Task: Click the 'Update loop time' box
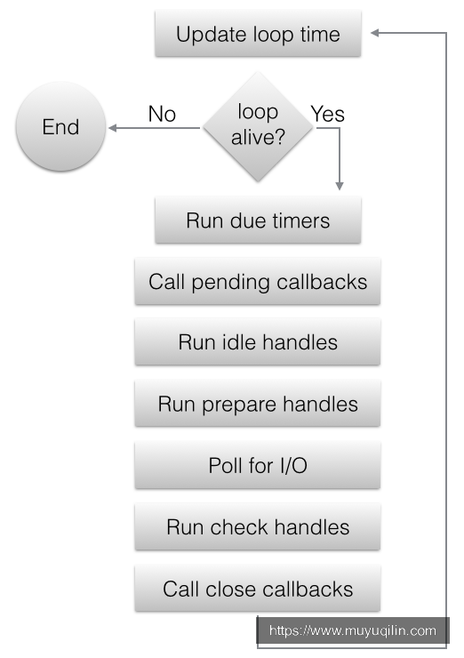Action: point(258,34)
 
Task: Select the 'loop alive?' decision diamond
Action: point(258,127)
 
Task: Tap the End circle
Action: point(60,127)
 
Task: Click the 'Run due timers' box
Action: point(258,221)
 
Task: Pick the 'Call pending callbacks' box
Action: point(258,282)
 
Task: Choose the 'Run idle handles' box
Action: point(258,342)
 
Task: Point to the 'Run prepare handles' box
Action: point(258,404)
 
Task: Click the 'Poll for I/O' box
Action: point(258,466)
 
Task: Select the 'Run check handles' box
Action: point(258,527)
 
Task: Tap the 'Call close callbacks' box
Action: point(258,590)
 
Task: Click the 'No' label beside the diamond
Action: point(162,114)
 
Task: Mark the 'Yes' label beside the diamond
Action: point(328,114)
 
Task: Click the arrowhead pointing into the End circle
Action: point(112,128)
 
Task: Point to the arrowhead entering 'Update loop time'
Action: point(375,33)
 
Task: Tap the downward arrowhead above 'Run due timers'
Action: point(340,186)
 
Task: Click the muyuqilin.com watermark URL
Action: point(353,630)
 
